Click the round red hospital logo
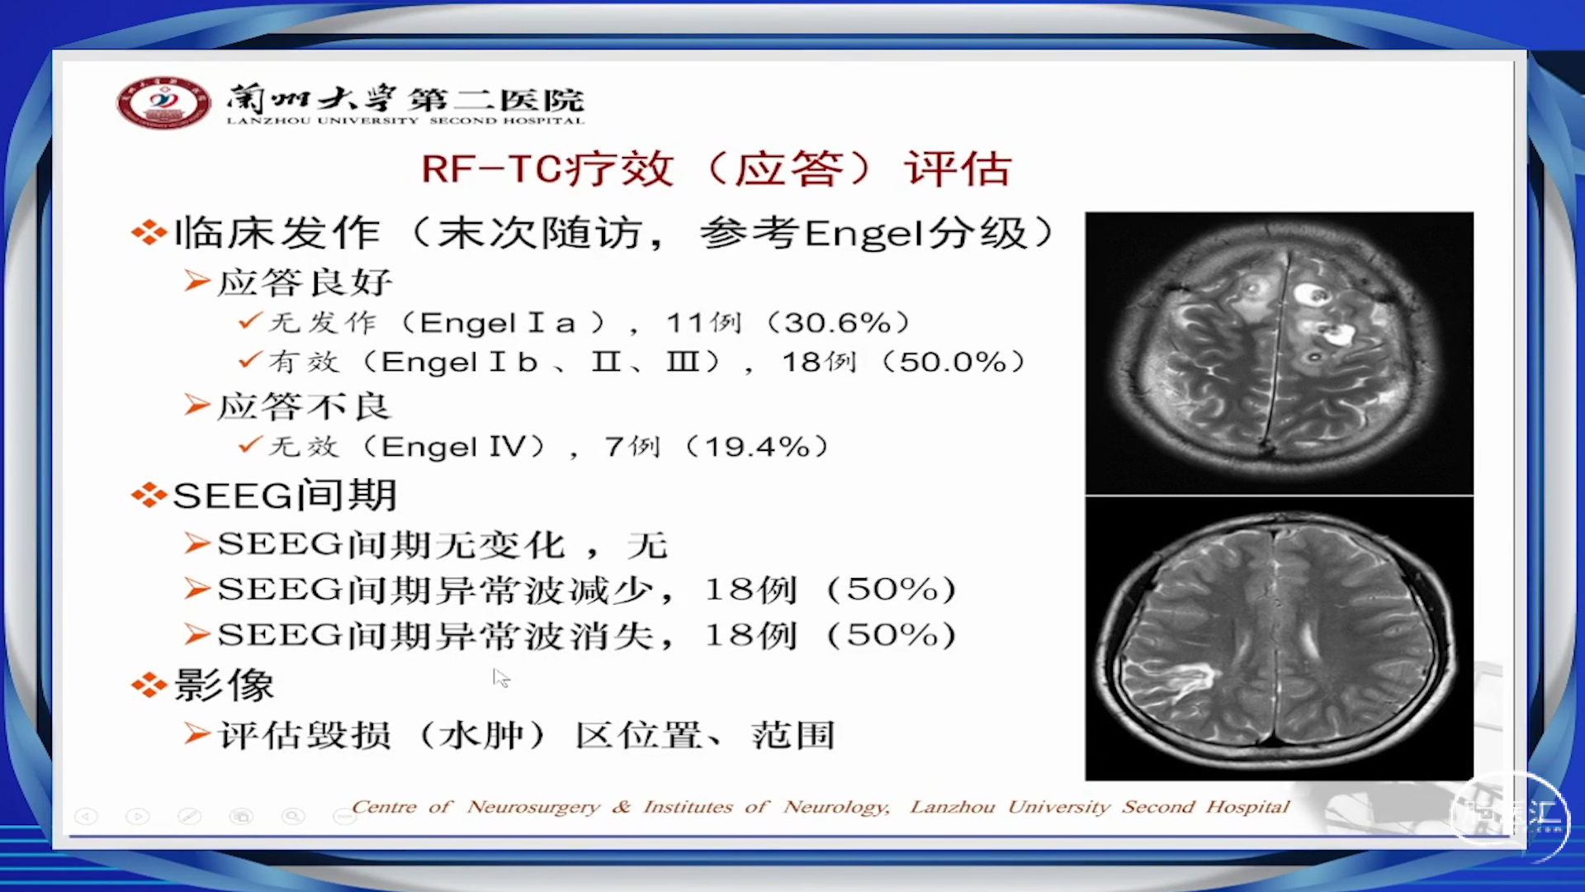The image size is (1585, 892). coord(163,102)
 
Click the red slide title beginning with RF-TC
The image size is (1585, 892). coord(716,169)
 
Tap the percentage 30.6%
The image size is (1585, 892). coord(838,322)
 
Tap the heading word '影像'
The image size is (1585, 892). coord(224,686)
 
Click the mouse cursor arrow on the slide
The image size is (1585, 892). coord(500,678)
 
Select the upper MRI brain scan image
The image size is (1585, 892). coord(1279,353)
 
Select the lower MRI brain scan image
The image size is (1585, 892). coord(1279,638)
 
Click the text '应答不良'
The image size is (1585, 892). coord(304,406)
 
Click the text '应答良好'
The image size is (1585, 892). coord(304,282)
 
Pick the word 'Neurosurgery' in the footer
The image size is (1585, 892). coord(533,807)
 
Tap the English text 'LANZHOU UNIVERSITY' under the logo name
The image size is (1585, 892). coord(323,121)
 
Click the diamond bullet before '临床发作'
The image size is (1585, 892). coord(149,232)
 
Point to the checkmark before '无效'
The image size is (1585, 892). coord(250,445)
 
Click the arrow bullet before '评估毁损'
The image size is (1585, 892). coord(197,733)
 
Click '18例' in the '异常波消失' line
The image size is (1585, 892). coord(750,635)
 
